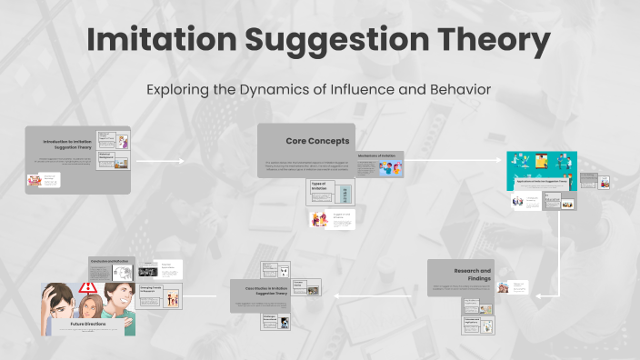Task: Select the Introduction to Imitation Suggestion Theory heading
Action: pos(69,144)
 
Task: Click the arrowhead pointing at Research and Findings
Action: pos(541,295)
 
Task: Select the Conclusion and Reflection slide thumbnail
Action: pos(111,269)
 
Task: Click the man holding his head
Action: pos(63,305)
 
